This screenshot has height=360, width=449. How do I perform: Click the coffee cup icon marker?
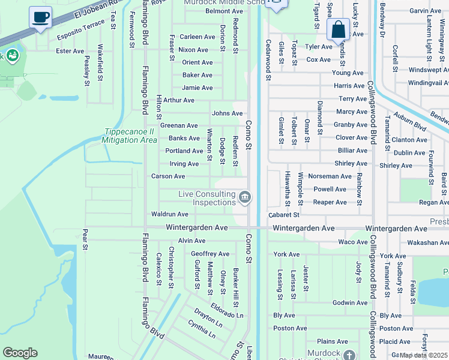41,17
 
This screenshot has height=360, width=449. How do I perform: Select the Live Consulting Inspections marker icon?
245,197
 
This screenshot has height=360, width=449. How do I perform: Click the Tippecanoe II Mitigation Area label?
130,136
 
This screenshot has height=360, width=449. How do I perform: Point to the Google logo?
20,353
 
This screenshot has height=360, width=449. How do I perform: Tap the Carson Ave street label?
168,176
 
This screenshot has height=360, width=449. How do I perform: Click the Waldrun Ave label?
170,214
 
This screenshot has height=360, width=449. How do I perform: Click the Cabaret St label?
283,214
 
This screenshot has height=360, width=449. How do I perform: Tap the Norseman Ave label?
330,176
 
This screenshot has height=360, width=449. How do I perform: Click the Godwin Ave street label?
350,303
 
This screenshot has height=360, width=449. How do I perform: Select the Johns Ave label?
227,113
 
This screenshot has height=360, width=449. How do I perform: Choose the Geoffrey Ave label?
210,254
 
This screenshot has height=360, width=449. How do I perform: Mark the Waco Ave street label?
352,242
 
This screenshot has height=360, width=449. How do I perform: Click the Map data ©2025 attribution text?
423,355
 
